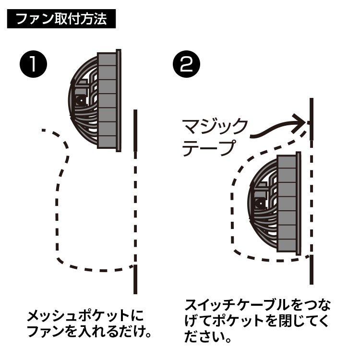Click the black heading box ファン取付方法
pos(61,19)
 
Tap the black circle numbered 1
pos(33,64)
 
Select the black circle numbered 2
pos(186,64)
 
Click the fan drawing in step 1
pos(95,101)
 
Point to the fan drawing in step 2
pos(274,204)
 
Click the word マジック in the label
pos(215,127)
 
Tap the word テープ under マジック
pos(209,148)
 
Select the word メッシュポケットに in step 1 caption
pos(85,316)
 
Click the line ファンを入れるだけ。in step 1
pos(89,331)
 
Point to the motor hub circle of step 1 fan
pos(81,101)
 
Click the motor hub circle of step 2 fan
pos(260,204)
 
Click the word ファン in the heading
pos(35,19)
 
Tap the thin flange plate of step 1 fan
pos(119,101)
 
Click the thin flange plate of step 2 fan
pos(298,204)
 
